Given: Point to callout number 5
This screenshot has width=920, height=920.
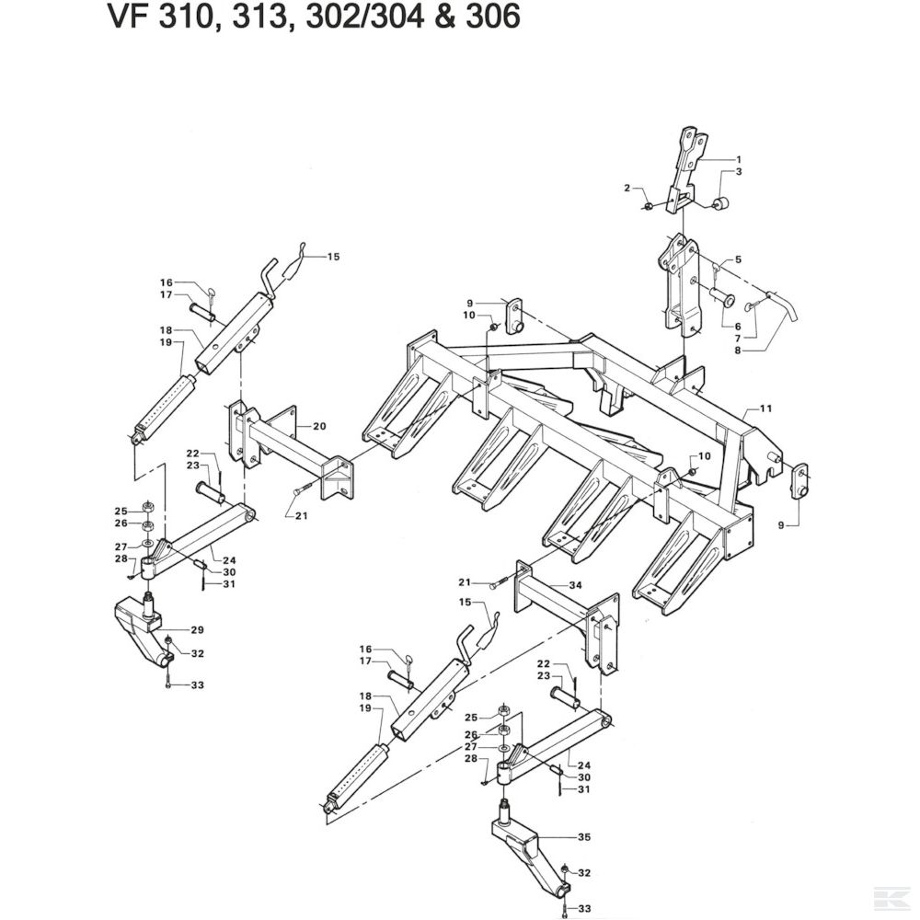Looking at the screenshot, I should click(x=737, y=260).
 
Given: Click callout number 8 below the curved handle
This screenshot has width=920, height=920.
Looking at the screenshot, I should click(x=737, y=351).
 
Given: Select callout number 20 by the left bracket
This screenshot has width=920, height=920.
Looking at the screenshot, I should click(x=319, y=426).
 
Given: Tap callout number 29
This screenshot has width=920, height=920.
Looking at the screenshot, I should click(x=197, y=630).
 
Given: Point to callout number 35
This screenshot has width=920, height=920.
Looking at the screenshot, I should click(x=582, y=838).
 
